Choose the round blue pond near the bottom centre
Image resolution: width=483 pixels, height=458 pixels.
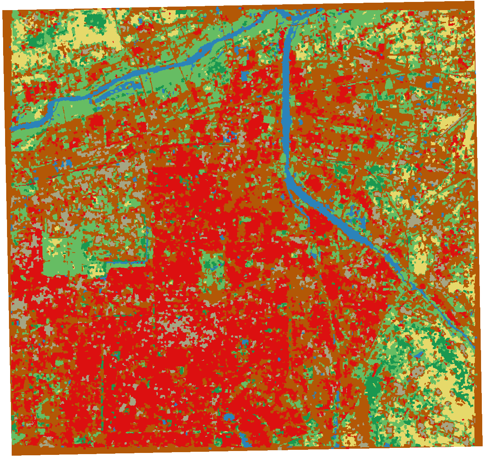(229, 418)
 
